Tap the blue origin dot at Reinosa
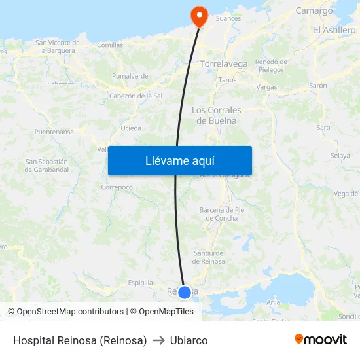pyautogui.click(x=185, y=292)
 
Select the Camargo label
pyautogui.click(x=314, y=10)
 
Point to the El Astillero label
pyautogui.click(x=334, y=30)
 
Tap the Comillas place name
pyautogui.click(x=110, y=45)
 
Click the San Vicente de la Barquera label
pyautogui.click(x=58, y=46)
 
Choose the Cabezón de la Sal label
pyautogui.click(x=136, y=96)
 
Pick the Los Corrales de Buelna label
pyautogui.click(x=217, y=115)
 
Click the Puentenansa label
pyautogui.click(x=54, y=132)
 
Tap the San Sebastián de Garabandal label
pyautogui.click(x=46, y=166)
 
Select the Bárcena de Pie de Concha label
pyautogui.click(x=221, y=214)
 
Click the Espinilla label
pyautogui.click(x=141, y=283)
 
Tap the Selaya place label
pyautogui.click(x=340, y=156)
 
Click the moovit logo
pyautogui.click(x=321, y=339)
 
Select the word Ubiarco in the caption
pyautogui.click(x=189, y=340)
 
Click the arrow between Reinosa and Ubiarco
pyautogui.click(x=158, y=340)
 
